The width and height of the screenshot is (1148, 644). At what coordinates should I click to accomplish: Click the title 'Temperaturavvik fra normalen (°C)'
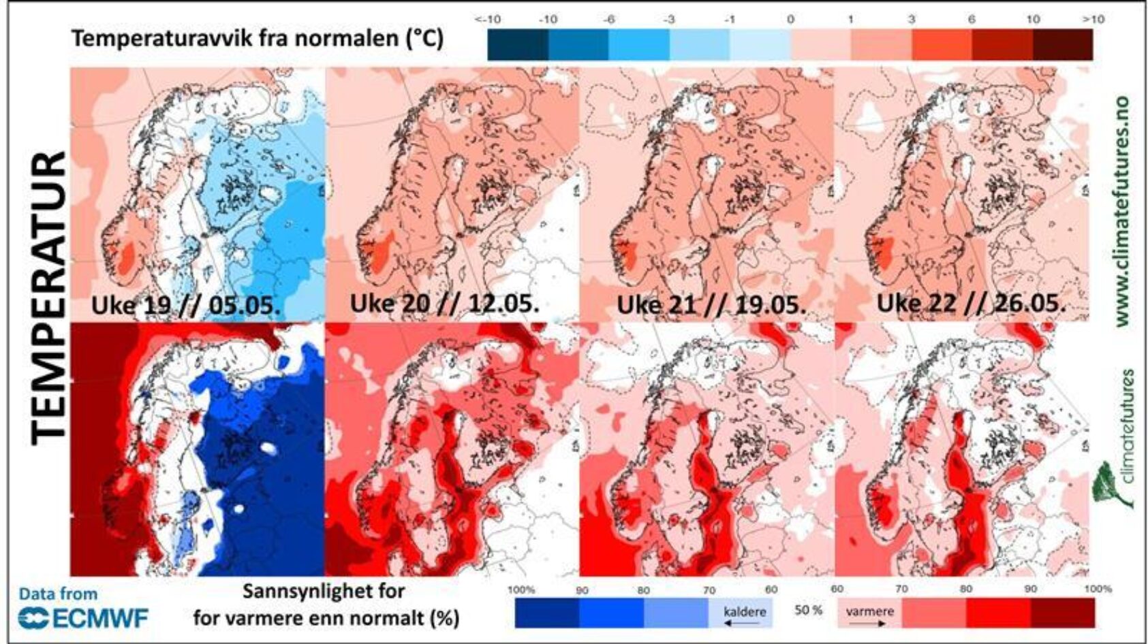pyautogui.click(x=258, y=38)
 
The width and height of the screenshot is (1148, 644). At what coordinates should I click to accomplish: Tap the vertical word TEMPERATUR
pyautogui.click(x=49, y=298)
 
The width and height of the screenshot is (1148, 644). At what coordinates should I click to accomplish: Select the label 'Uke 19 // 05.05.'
pyautogui.click(x=186, y=306)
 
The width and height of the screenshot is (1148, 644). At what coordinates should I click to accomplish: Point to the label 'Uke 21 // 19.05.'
pyautogui.click(x=711, y=305)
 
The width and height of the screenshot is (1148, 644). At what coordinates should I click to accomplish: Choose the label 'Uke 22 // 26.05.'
pyautogui.click(x=971, y=304)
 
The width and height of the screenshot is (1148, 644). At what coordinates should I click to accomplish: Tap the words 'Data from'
pyautogui.click(x=58, y=594)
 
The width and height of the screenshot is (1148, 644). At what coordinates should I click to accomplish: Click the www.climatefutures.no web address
pyautogui.click(x=1122, y=211)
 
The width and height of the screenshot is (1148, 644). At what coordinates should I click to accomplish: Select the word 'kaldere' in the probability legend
pyautogui.click(x=744, y=611)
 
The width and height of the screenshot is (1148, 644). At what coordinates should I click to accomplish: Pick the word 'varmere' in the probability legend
pyautogui.click(x=869, y=611)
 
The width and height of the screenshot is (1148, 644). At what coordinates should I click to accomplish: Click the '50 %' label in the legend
pyautogui.click(x=808, y=610)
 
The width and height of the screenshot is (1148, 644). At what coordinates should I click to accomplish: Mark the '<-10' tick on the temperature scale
pyautogui.click(x=488, y=19)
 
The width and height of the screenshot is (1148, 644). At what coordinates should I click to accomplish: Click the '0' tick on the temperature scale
pyautogui.click(x=790, y=19)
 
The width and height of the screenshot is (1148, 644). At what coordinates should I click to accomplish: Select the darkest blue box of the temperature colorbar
pyautogui.click(x=518, y=45)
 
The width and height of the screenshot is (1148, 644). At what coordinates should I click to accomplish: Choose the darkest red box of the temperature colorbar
pyautogui.click(x=1063, y=45)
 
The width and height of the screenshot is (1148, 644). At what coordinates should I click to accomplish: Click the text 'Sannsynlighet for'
pyautogui.click(x=324, y=591)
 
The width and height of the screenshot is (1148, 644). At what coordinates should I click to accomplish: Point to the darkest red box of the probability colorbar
pyautogui.click(x=1063, y=612)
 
